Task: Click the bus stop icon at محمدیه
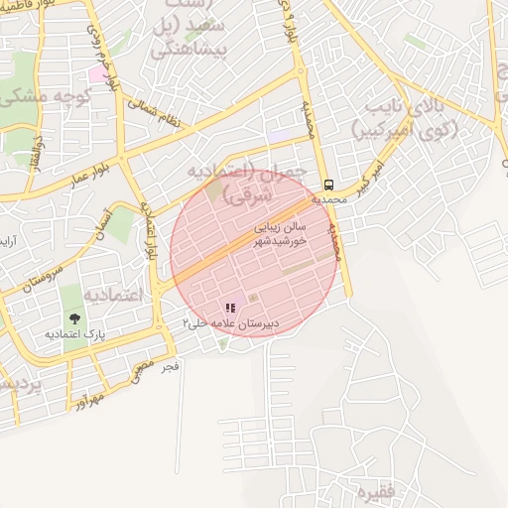(328, 186)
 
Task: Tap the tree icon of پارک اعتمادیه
(75, 318)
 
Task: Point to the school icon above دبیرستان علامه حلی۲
(231, 309)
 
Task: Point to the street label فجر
(171, 366)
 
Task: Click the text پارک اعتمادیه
(74, 334)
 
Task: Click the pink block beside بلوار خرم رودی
(96, 73)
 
